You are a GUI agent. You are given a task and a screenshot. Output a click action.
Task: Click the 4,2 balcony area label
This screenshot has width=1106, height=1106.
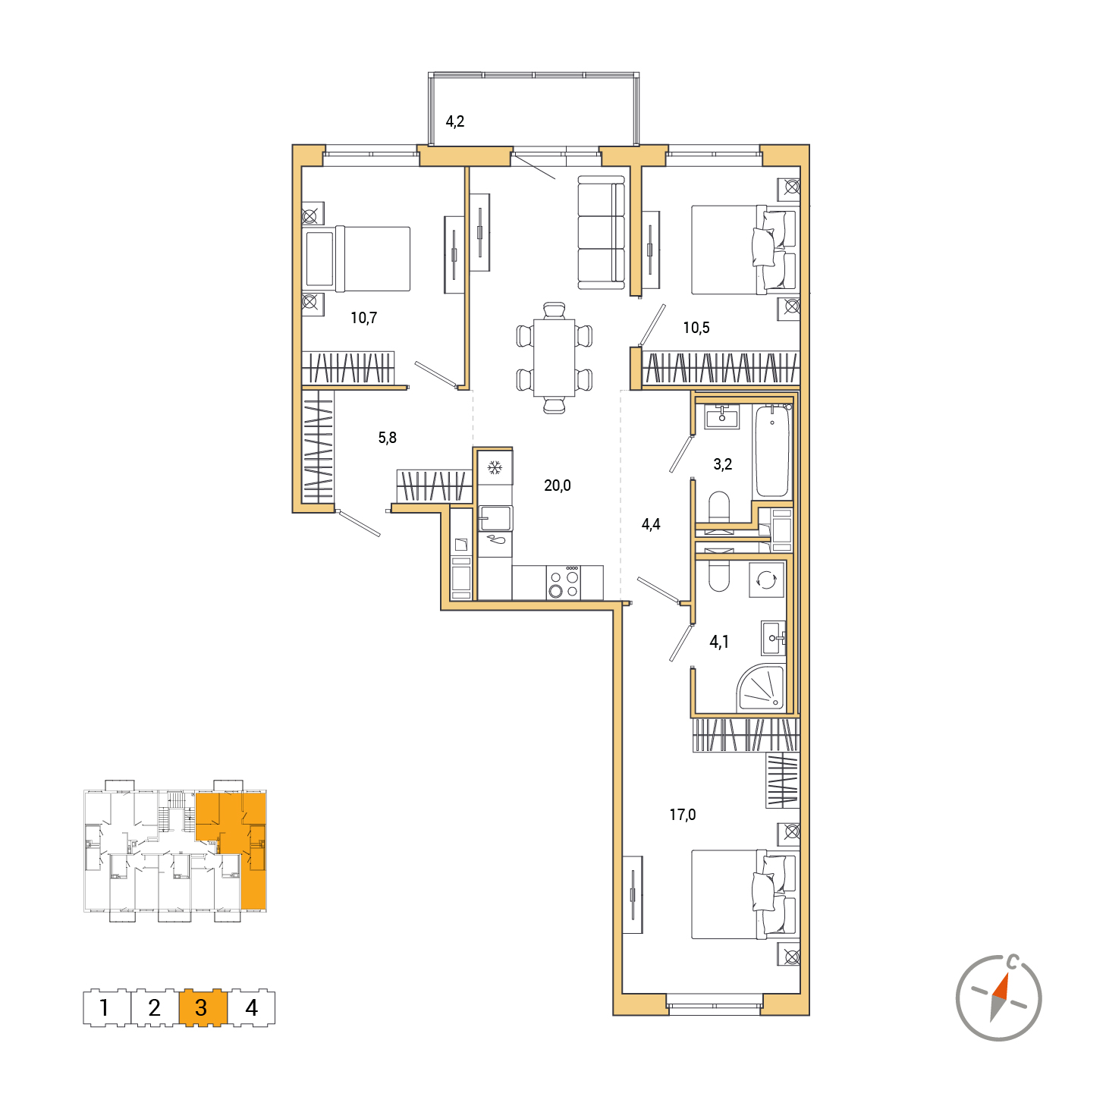(454, 121)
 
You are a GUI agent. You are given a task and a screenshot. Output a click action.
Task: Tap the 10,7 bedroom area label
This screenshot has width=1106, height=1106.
(363, 317)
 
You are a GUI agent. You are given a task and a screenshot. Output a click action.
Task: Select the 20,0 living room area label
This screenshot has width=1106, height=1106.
(557, 485)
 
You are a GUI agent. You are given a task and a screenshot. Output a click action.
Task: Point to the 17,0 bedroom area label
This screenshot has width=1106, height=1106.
(682, 814)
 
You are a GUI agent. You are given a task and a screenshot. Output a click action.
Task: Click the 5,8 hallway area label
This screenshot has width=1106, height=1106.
(387, 438)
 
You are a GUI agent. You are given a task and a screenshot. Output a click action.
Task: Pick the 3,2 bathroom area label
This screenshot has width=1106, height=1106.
(722, 463)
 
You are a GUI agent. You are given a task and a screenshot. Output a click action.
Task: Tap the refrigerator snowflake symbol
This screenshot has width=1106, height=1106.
(494, 468)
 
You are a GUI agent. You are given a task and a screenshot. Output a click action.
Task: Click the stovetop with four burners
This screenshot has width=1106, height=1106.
(563, 582)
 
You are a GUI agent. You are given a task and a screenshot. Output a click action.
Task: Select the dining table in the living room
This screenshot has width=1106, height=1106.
(554, 357)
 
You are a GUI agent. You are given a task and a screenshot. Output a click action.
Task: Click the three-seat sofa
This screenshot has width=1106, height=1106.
(600, 232)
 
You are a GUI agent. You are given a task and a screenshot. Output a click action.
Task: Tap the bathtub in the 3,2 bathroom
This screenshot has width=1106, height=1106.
(771, 451)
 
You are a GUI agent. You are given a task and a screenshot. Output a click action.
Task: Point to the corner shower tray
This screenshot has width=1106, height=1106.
(761, 687)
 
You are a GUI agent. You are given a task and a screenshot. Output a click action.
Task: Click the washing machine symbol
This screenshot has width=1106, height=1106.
(766, 580)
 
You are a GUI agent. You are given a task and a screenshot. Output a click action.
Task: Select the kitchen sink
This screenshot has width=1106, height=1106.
(495, 517)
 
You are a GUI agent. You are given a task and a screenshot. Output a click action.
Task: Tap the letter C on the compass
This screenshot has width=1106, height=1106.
(1013, 960)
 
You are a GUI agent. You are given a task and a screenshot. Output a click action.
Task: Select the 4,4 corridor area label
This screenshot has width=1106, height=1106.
(650, 523)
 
